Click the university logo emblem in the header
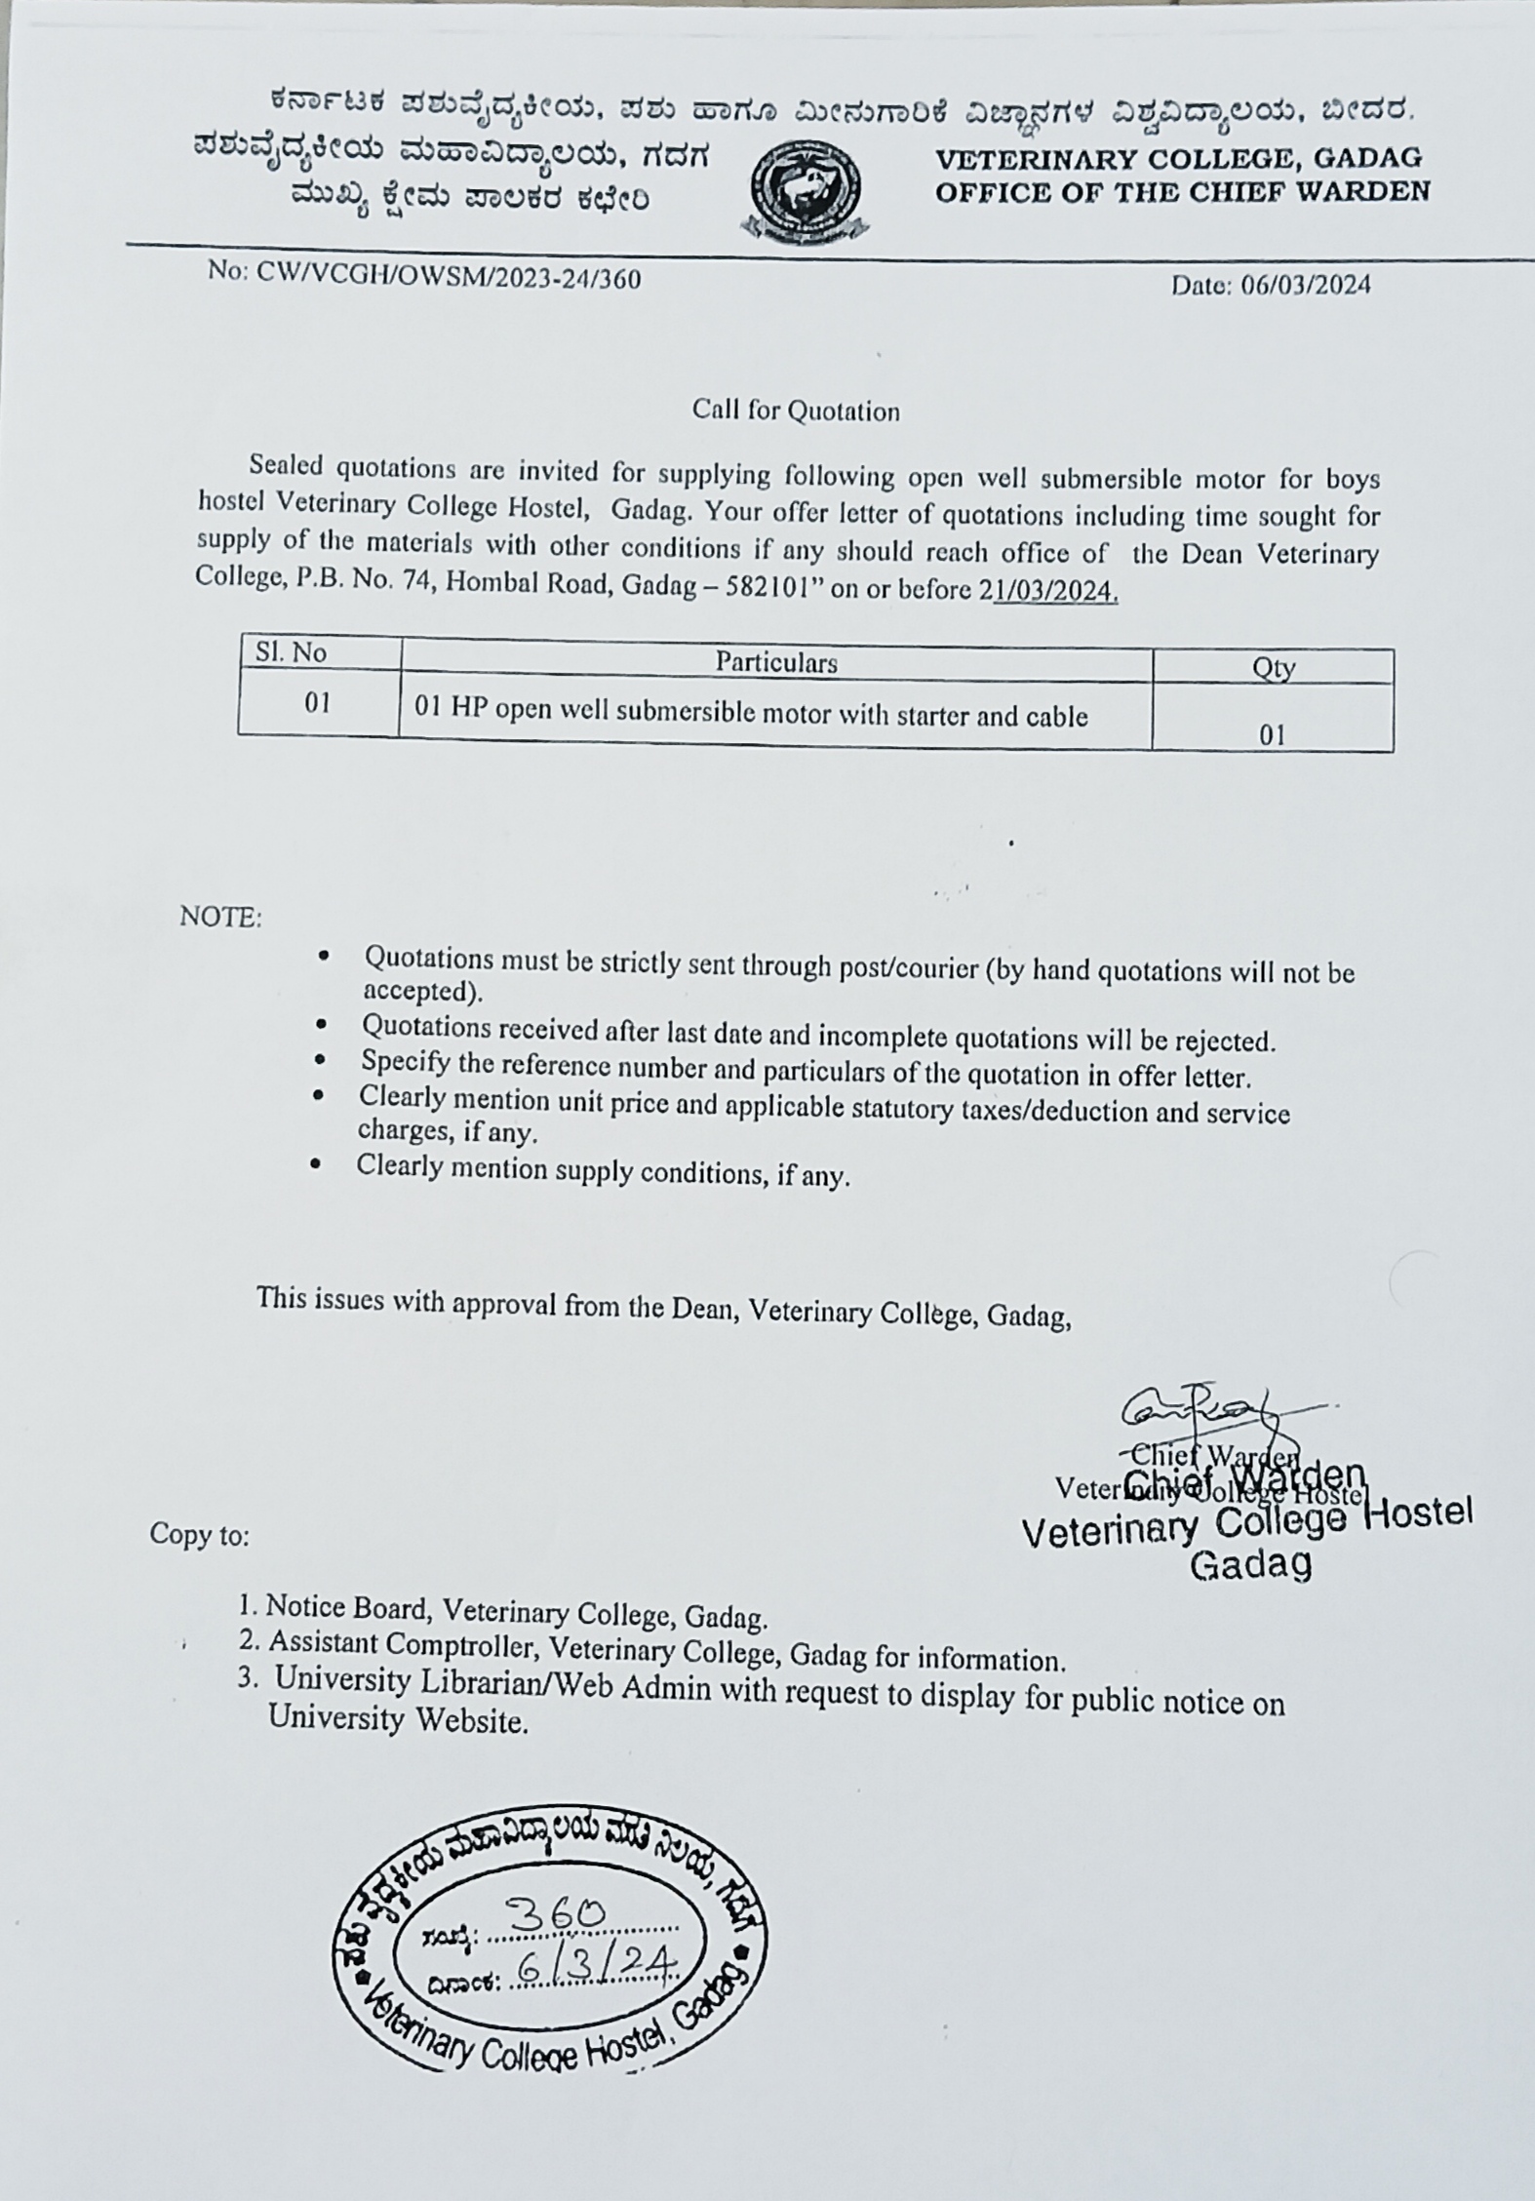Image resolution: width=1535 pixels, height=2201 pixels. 805,190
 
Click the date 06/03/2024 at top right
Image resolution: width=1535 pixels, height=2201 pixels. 1271,285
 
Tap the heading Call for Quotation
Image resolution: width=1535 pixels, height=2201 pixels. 796,411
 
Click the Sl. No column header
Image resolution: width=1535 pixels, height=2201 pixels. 291,652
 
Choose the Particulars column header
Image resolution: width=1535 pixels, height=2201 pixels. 776,663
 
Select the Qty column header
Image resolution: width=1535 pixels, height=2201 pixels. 1273,668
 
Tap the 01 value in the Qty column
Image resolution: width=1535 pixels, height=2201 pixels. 1272,734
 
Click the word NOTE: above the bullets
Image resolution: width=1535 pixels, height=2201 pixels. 220,918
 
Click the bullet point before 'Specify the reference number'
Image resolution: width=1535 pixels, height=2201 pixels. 320,1060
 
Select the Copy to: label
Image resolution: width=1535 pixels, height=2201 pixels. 199,1535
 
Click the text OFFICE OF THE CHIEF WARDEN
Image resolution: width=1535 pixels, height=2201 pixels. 1182,191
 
